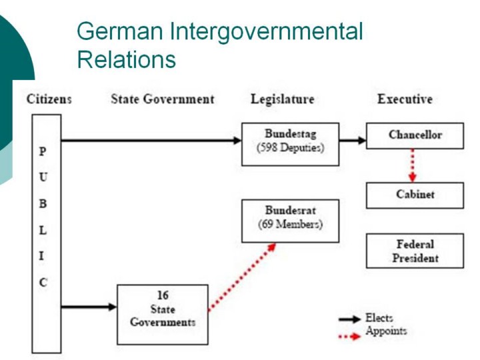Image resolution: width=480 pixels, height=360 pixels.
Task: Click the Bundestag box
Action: (290, 144)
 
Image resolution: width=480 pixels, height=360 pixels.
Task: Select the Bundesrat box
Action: (290, 221)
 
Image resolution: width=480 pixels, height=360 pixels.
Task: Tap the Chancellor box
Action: (415, 135)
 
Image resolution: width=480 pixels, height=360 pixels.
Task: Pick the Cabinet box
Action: (415, 195)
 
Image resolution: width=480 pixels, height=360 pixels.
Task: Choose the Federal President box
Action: (415, 251)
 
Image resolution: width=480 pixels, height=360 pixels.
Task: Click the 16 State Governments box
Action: (163, 315)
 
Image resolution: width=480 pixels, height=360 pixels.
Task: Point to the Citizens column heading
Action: (49, 99)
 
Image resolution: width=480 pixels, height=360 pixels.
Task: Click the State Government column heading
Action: (162, 99)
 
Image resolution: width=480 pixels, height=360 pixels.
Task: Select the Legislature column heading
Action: (282, 99)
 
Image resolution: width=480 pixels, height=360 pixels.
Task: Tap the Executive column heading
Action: (405, 99)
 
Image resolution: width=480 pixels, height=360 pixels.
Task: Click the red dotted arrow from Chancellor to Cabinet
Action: (413, 165)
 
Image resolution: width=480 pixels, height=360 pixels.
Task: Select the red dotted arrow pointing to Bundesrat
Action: (242, 277)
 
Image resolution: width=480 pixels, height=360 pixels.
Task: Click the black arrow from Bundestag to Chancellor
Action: (353, 141)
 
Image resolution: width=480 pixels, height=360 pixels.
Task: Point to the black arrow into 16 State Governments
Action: (89, 307)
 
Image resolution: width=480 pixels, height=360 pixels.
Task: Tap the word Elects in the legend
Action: (379, 318)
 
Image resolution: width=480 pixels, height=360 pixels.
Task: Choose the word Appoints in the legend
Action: (386, 331)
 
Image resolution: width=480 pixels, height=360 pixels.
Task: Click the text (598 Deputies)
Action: (290, 148)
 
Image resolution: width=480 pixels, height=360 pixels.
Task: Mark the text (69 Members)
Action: (290, 225)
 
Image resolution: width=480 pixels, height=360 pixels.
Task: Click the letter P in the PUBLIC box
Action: (43, 151)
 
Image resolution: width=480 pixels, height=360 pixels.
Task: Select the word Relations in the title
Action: (127, 59)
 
